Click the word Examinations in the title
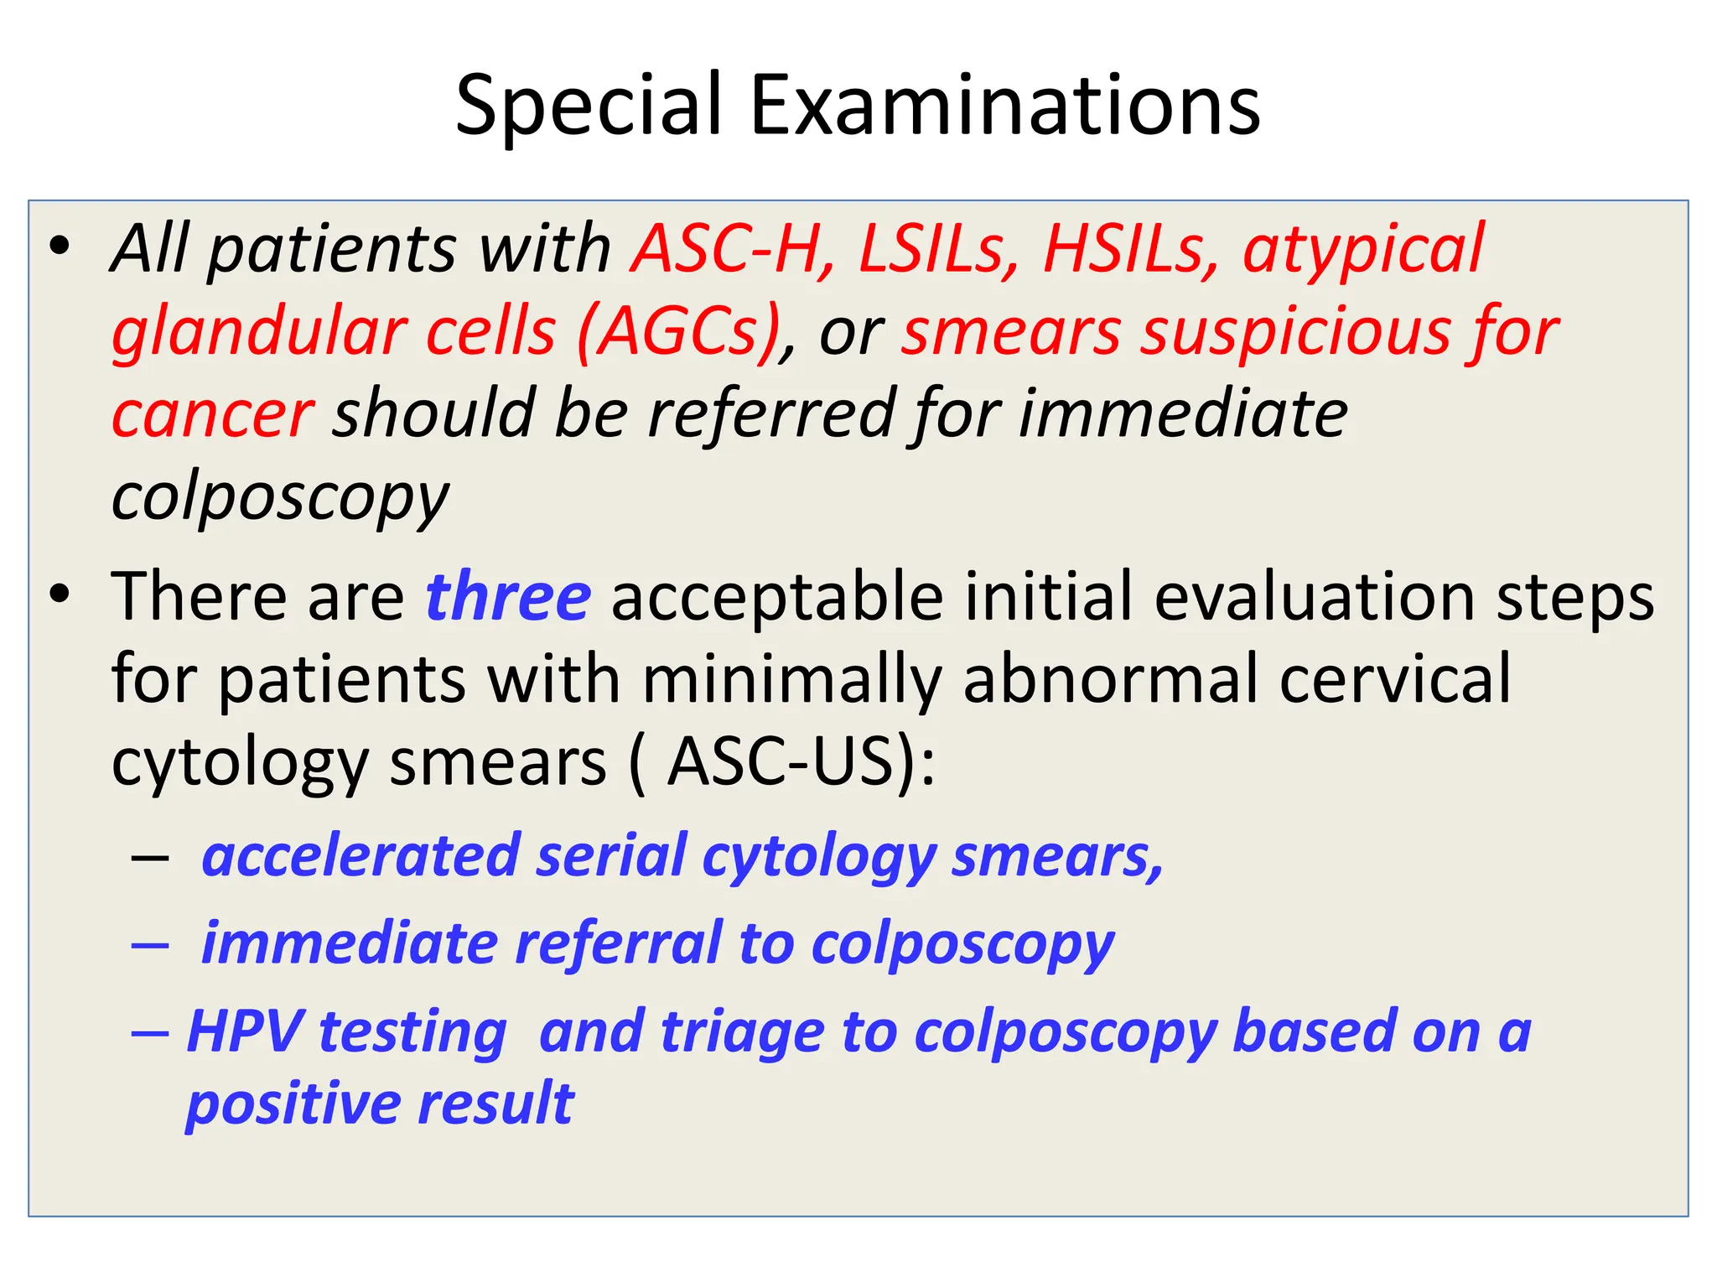coord(1004,106)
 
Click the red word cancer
coord(213,414)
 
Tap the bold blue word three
coord(508,596)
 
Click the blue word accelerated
coord(361,856)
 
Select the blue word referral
coord(618,944)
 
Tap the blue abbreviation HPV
coord(244,1031)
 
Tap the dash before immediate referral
coord(151,945)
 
